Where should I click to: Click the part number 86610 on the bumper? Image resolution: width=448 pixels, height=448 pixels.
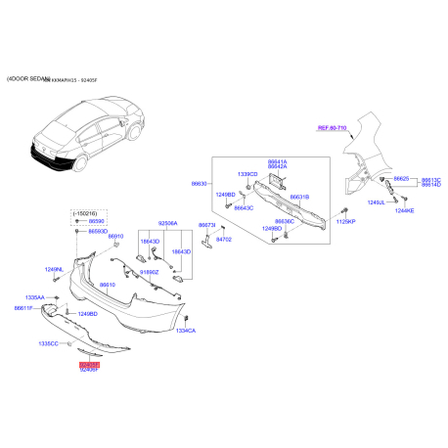(106, 284)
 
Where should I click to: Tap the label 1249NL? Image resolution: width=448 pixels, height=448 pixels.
(53, 269)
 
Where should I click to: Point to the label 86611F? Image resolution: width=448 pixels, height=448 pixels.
(23, 308)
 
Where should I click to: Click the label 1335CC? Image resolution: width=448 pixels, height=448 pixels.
(49, 344)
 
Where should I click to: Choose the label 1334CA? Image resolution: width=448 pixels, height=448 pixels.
(186, 331)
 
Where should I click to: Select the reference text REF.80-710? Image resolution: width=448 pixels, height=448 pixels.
(334, 128)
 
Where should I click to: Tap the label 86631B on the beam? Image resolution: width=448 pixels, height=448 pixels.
(297, 198)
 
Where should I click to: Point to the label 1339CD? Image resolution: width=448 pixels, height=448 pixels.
(247, 174)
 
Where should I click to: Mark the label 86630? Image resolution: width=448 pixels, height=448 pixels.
(200, 183)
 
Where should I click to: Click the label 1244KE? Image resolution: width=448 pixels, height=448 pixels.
(405, 210)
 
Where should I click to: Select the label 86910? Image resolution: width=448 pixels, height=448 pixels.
(116, 237)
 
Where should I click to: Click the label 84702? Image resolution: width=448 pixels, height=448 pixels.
(223, 238)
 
